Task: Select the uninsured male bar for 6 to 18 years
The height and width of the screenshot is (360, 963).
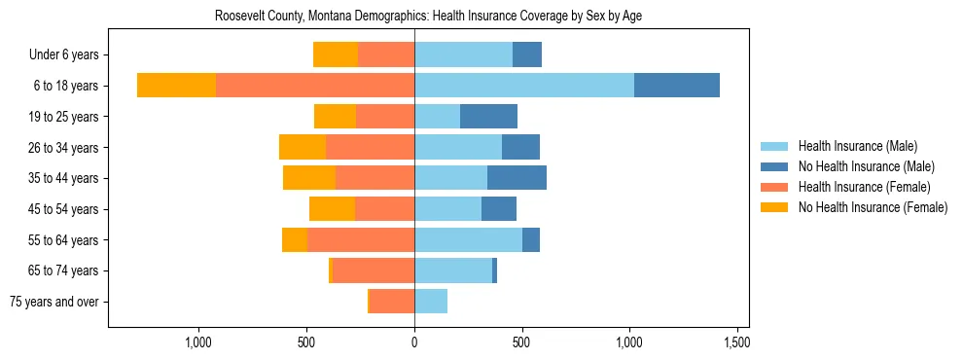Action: pos(676,85)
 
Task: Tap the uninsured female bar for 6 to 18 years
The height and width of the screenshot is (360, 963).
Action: pos(176,85)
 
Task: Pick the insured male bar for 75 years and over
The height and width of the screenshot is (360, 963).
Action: pos(431,302)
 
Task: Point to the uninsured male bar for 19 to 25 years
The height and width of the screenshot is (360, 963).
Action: pos(488,116)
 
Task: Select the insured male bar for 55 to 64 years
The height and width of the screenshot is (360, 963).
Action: pos(468,239)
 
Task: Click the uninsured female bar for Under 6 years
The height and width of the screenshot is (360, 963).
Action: pos(336,54)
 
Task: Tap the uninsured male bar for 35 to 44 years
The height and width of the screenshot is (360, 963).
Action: pos(517,178)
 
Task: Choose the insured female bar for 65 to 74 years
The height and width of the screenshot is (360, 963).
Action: pos(374,270)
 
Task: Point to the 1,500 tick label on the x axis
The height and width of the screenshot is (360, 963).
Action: pos(736,342)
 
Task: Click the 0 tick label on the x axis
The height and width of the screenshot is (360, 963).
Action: pos(414,342)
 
